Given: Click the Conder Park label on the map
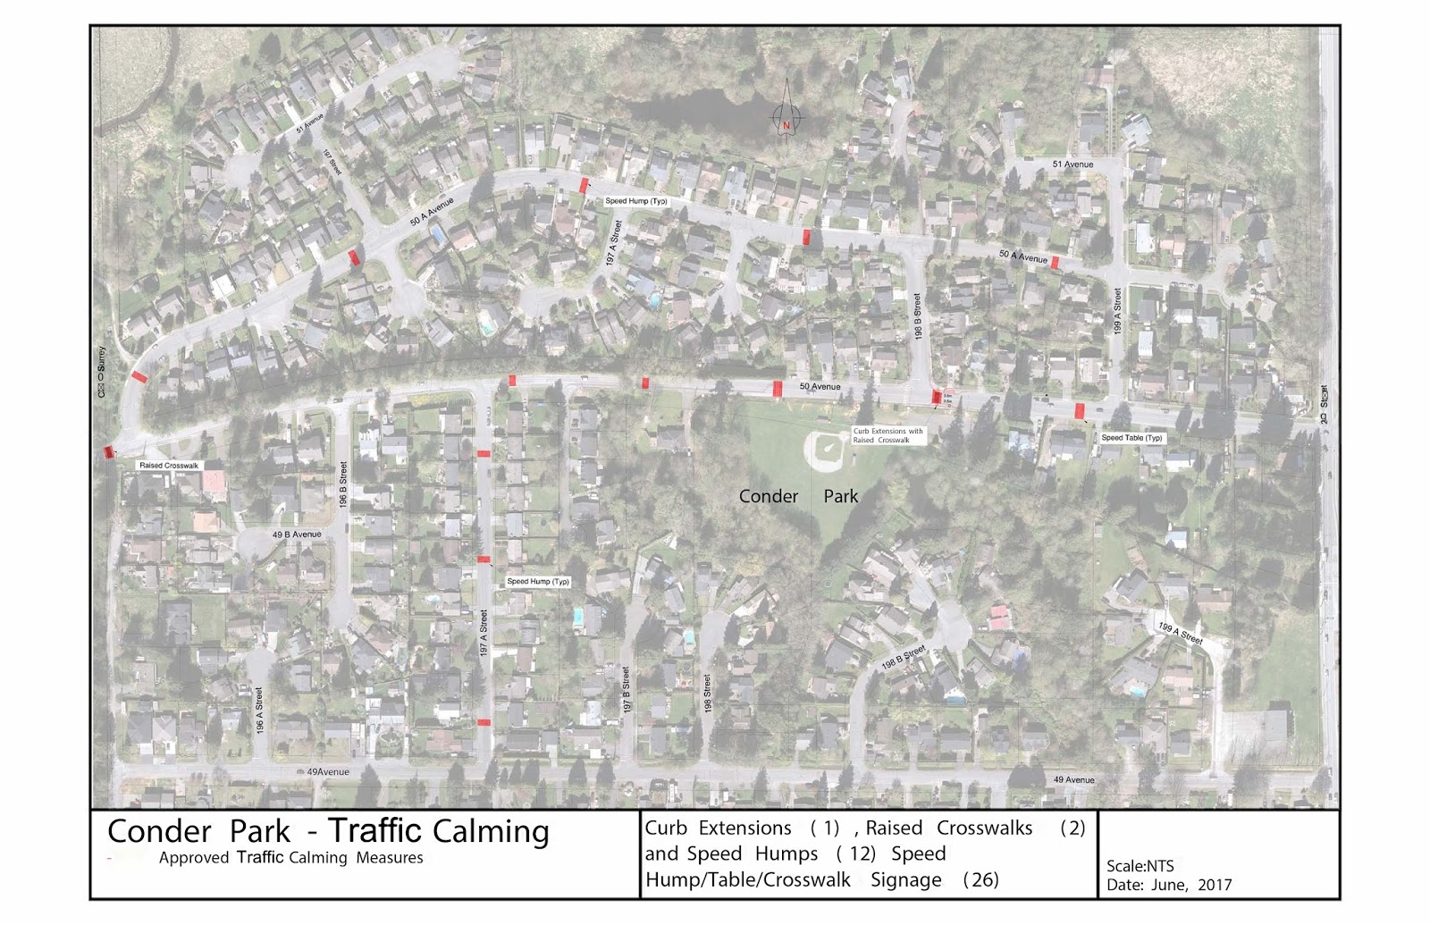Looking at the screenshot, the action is click(x=798, y=496).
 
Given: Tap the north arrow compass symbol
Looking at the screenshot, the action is click(x=786, y=117).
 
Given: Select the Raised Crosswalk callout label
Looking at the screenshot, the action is click(x=169, y=466).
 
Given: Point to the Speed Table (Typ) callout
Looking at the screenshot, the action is click(x=1131, y=438).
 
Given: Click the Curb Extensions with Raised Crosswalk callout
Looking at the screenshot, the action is click(x=887, y=435).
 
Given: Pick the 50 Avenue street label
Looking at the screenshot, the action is click(x=820, y=387).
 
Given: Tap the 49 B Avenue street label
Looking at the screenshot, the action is click(x=297, y=534).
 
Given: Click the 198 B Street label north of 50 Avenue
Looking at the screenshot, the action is click(x=918, y=315).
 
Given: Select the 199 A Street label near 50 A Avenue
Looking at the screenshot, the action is click(x=1117, y=311).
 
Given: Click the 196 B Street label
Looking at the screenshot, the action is click(x=343, y=487).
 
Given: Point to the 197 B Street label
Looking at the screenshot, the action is click(x=627, y=689).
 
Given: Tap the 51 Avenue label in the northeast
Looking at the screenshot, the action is click(x=1072, y=164).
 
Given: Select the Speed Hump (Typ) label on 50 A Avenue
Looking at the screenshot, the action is click(x=636, y=201).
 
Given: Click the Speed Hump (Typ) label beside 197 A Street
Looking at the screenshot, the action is click(x=538, y=582).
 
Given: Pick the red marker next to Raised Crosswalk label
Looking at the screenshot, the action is click(x=109, y=452).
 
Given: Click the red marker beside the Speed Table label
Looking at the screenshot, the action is click(x=1080, y=411).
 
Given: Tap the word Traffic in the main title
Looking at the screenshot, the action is click(x=378, y=831).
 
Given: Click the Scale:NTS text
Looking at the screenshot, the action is click(x=1140, y=866).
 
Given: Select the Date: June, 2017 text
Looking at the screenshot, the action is click(x=1168, y=885).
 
